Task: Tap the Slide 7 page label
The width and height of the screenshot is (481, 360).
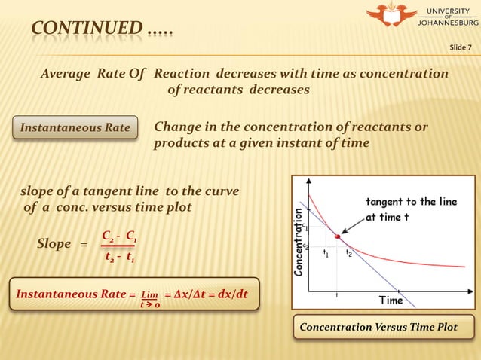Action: tap(460, 48)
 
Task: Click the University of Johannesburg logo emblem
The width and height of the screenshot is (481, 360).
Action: tap(390, 14)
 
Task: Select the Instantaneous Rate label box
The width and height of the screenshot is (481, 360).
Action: tap(75, 128)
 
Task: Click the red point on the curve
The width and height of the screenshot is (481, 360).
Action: tap(337, 237)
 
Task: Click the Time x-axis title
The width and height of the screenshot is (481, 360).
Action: tap(391, 300)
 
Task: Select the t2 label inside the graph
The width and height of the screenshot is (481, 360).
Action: tap(348, 254)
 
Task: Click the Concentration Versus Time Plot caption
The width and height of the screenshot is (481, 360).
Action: tap(378, 328)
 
